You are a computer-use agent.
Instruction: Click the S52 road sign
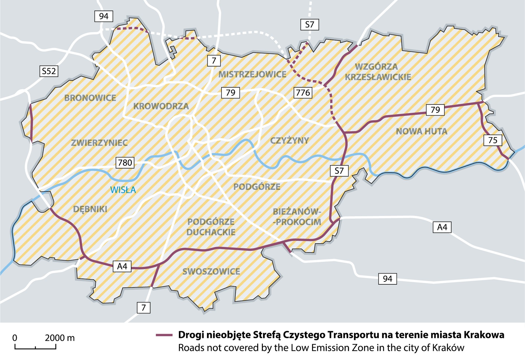click(x=49, y=71)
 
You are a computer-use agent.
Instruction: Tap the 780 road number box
click(x=125, y=162)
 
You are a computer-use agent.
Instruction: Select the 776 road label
click(x=303, y=92)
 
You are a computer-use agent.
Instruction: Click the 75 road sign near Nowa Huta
click(x=493, y=140)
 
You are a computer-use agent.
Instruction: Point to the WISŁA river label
click(x=123, y=190)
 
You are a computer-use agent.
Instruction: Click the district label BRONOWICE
click(x=90, y=98)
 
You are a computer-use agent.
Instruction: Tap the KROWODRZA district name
click(x=161, y=106)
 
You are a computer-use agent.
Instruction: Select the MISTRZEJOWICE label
click(x=252, y=75)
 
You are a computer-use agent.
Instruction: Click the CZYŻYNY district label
click(x=289, y=140)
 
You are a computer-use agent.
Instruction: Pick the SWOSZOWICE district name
click(x=211, y=272)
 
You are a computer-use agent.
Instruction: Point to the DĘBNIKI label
click(x=90, y=209)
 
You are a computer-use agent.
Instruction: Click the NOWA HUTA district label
click(x=421, y=131)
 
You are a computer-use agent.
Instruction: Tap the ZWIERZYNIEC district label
click(x=99, y=143)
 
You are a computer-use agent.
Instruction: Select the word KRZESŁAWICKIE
click(x=378, y=77)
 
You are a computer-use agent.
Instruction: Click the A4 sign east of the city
click(x=442, y=227)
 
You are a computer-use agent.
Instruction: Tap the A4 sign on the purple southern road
click(x=122, y=267)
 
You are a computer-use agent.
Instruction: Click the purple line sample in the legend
click(x=164, y=335)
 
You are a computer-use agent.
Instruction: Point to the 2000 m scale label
click(x=60, y=338)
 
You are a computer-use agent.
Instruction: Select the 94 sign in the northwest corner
click(x=104, y=16)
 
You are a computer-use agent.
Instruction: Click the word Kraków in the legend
click(x=448, y=348)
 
